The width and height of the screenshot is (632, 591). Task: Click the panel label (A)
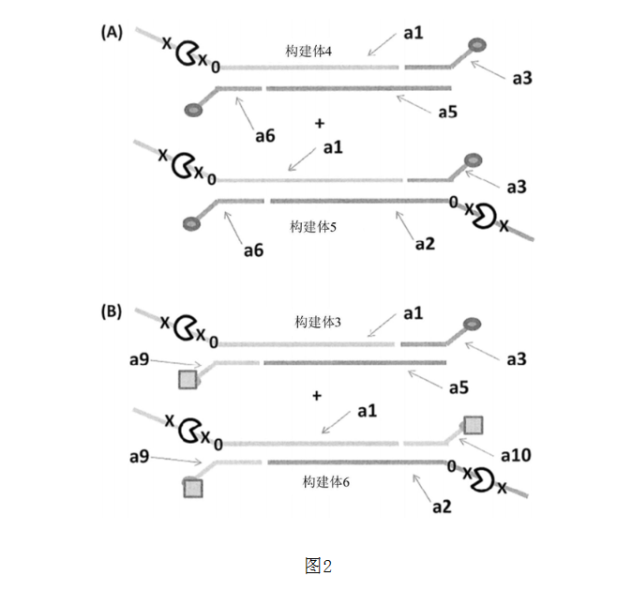pos(112,32)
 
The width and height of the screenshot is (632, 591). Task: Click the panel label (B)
pos(112,311)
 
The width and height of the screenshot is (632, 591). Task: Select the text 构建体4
pos(310,52)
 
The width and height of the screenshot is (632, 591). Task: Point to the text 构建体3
pos(318,322)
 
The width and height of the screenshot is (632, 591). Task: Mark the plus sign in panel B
pos(317,397)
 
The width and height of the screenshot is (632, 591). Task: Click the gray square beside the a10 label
pos(473,425)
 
